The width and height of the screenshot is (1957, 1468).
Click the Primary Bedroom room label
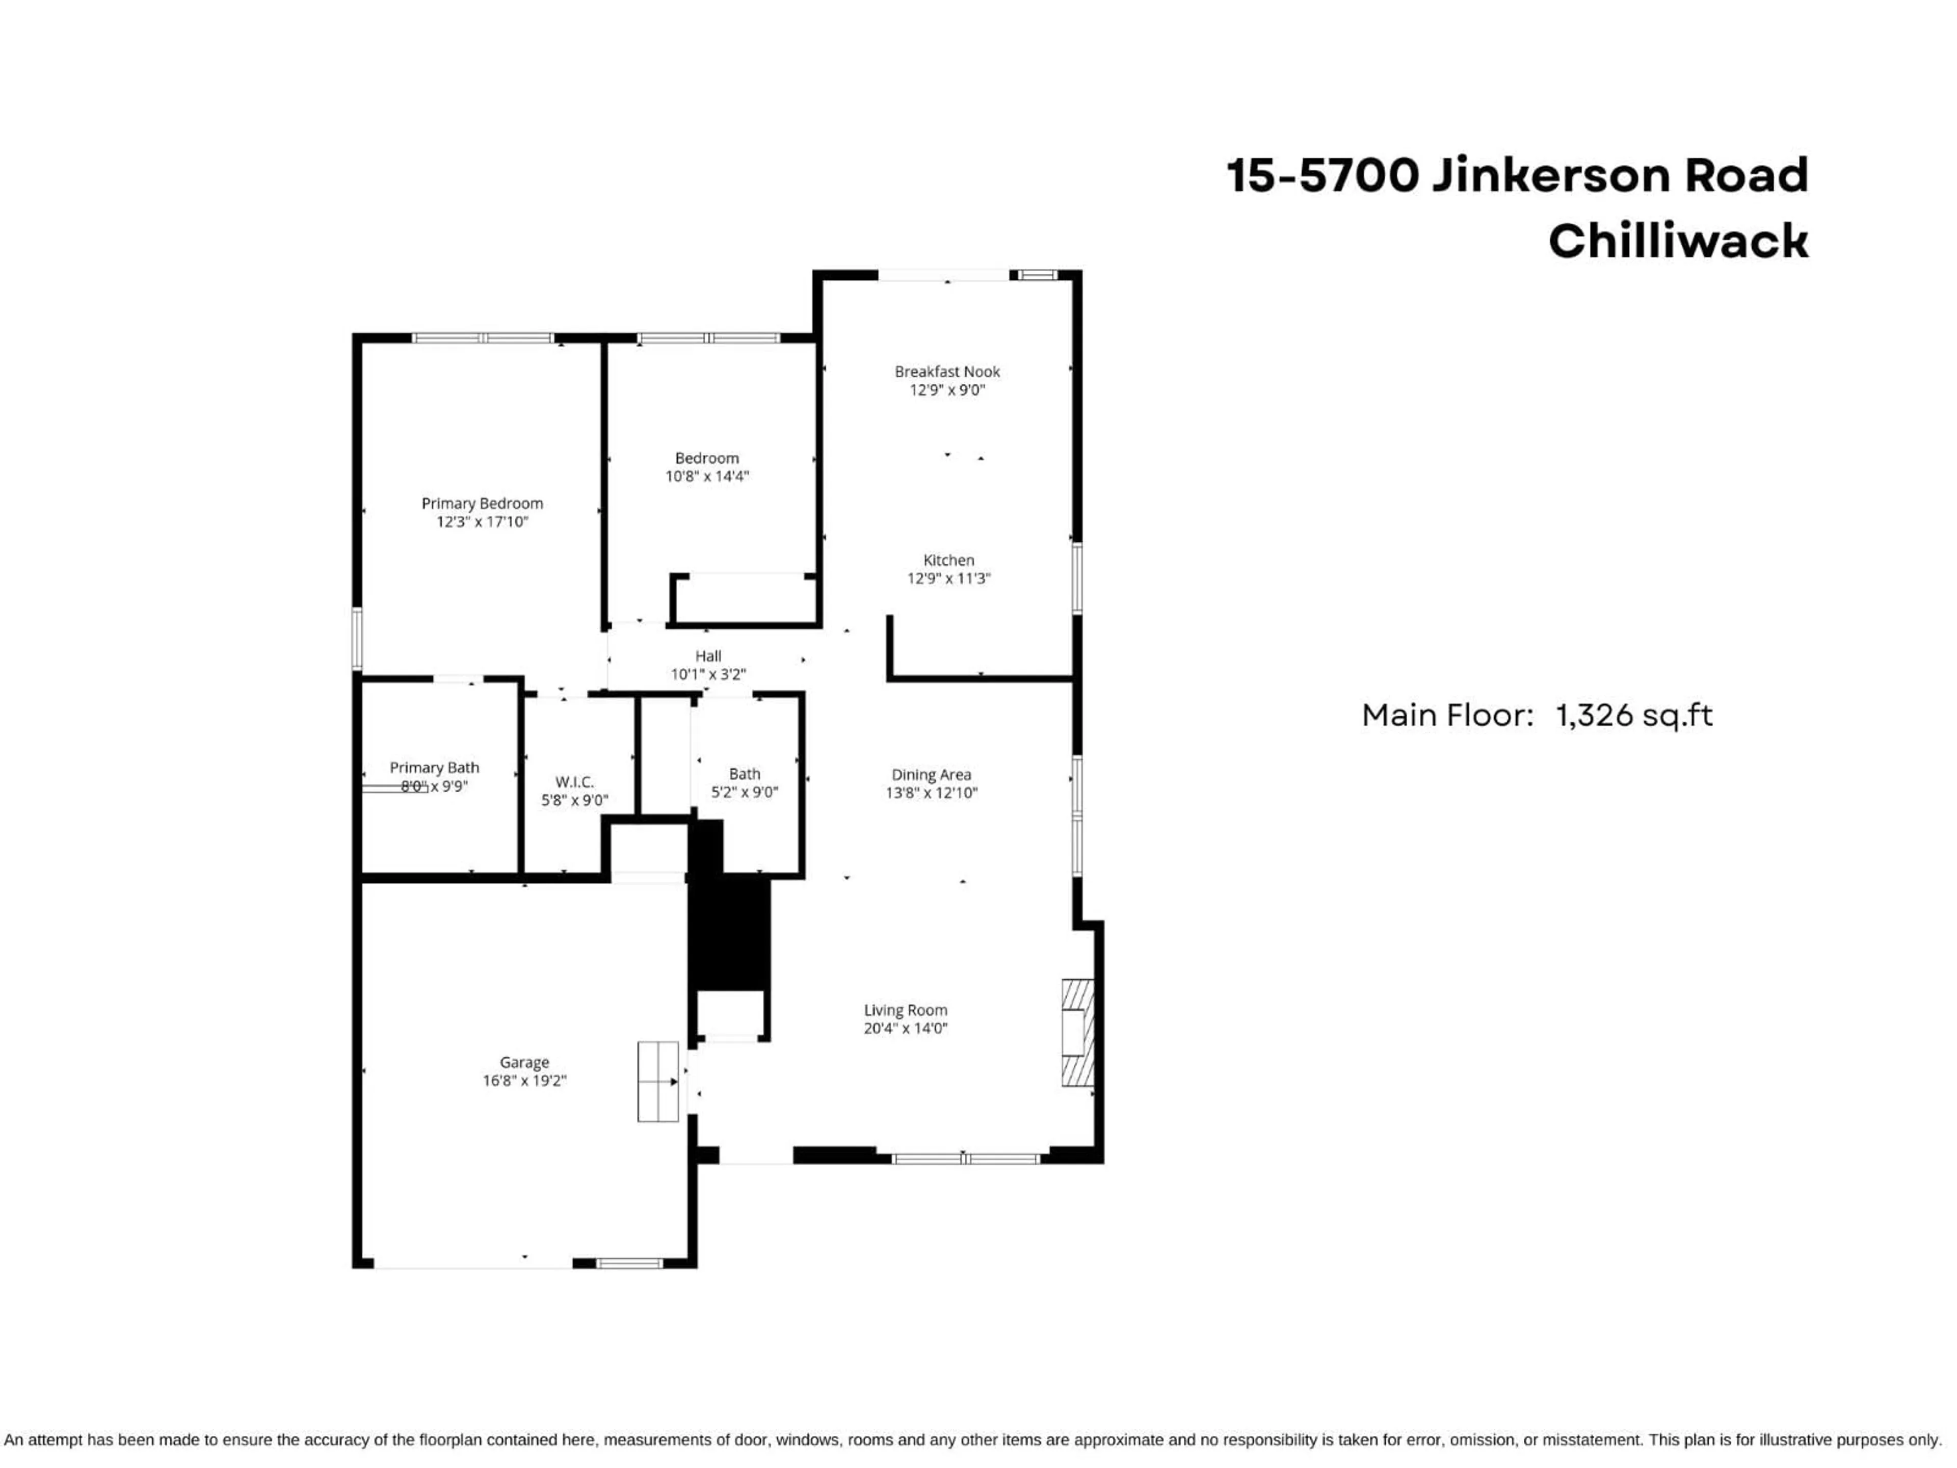482,504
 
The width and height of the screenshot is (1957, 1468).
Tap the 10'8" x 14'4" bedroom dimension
707,476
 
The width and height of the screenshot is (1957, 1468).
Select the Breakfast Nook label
947,372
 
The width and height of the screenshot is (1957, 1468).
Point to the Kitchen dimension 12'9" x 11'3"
948,579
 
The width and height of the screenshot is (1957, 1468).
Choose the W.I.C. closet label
574,782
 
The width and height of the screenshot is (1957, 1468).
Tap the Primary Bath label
434,768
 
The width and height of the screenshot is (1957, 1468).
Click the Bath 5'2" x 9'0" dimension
744,792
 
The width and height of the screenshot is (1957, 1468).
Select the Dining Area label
931,775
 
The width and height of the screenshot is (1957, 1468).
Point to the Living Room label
905,1010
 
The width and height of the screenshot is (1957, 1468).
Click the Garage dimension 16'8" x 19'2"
524,1081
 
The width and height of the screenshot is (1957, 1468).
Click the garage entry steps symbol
658,1081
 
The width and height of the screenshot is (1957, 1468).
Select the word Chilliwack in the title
1677,241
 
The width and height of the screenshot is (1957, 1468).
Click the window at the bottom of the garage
629,1263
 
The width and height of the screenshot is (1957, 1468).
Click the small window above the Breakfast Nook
1034,275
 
